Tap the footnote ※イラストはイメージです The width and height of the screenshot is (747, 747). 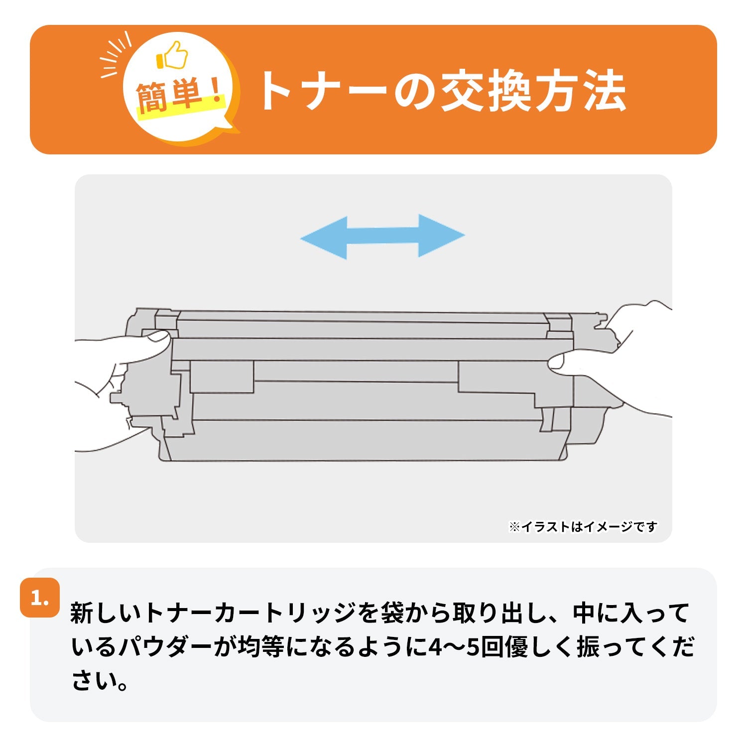point(583,526)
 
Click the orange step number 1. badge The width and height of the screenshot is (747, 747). point(40,598)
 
